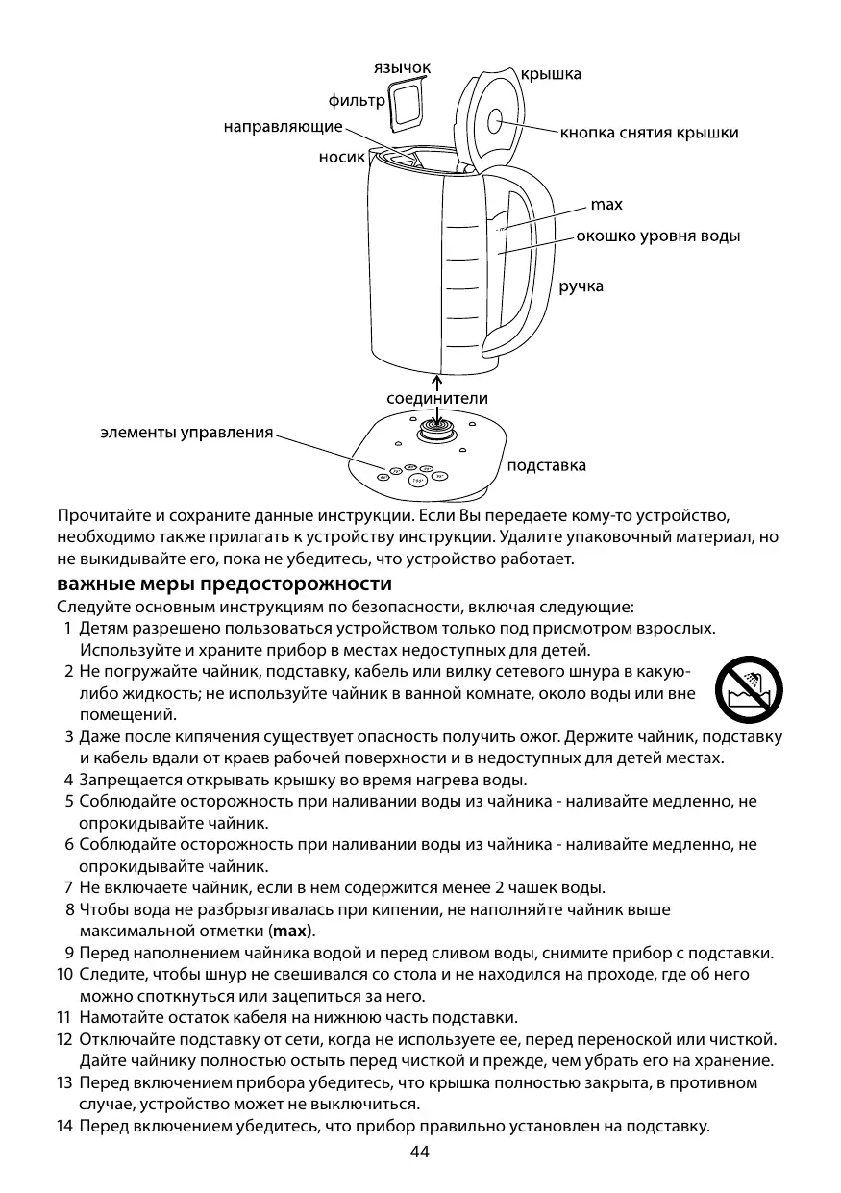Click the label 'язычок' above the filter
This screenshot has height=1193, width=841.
[x=402, y=67]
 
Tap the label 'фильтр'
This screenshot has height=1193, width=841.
[x=357, y=100]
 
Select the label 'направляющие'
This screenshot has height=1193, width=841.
[x=284, y=127]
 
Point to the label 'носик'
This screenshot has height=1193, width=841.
[x=342, y=158]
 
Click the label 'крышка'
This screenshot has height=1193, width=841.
[x=551, y=74]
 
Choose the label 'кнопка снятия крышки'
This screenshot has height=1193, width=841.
[x=650, y=133]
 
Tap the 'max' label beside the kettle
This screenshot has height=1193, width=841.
[x=606, y=205]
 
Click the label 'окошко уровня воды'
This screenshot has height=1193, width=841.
[x=658, y=236]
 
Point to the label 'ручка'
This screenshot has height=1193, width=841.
[x=581, y=286]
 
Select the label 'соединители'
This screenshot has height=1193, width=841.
[x=437, y=398]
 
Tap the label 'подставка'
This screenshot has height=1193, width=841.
[x=546, y=465]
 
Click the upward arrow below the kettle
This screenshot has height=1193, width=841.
[x=437, y=380]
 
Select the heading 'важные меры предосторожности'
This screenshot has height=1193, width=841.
[x=224, y=584]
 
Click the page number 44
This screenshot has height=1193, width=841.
[x=420, y=1152]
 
